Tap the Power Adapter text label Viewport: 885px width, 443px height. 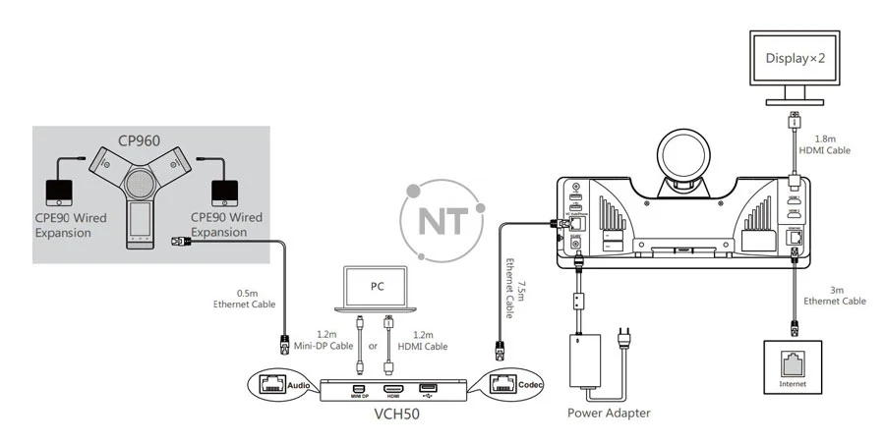pos(609,414)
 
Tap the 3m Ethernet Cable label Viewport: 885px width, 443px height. pos(838,296)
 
